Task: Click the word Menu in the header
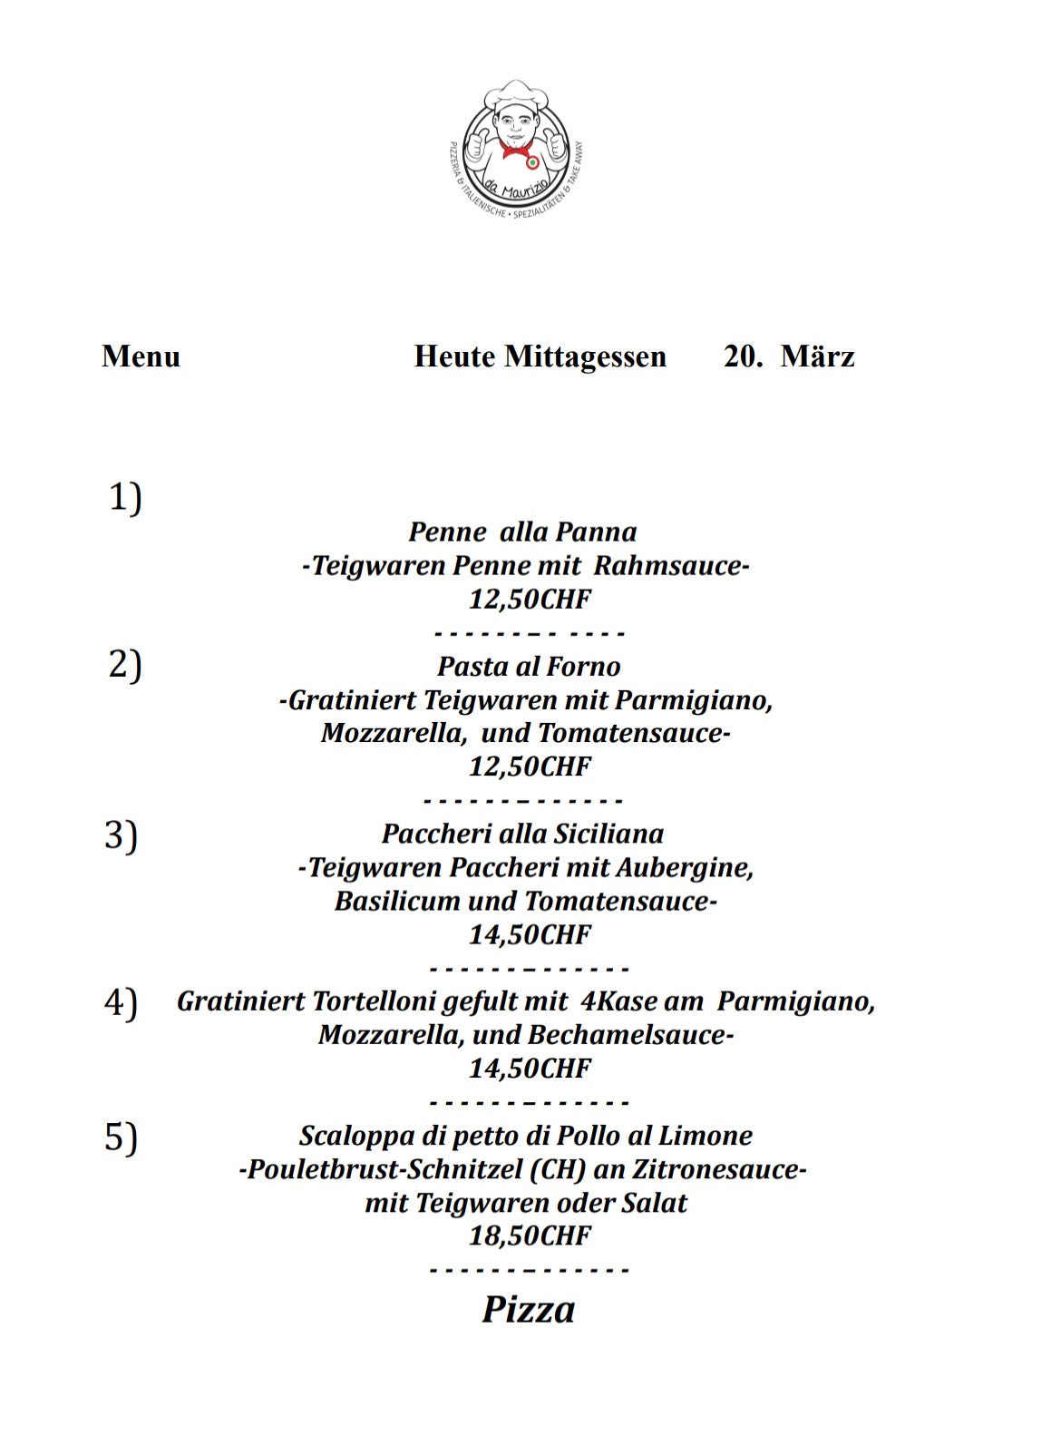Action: [141, 356]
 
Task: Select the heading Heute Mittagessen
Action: [540, 356]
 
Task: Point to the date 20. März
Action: [788, 356]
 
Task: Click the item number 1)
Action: [125, 498]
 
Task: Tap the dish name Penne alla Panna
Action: [522, 532]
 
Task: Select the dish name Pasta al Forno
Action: [529, 667]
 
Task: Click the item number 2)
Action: [125, 665]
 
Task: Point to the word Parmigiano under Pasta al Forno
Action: [692, 700]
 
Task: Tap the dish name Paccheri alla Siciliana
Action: [522, 834]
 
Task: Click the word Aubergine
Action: [684, 868]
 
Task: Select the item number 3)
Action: [121, 835]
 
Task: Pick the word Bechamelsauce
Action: [629, 1035]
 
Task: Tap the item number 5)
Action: [121, 1137]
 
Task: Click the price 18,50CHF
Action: [530, 1235]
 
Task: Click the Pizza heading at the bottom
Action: [529, 1309]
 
